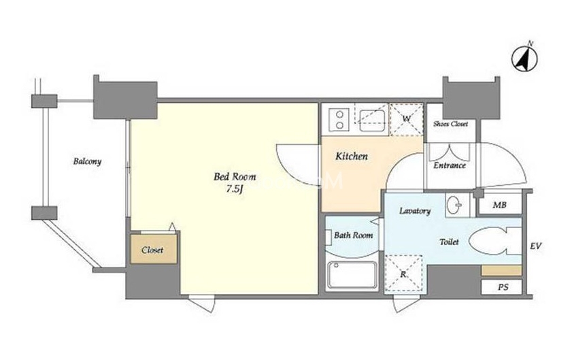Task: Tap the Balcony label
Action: tap(87, 161)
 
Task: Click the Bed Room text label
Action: tap(235, 177)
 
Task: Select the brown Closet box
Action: tap(154, 248)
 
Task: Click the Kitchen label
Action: tap(352, 157)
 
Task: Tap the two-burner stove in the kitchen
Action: tap(340, 120)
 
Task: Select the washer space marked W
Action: tap(406, 120)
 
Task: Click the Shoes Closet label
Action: tap(451, 124)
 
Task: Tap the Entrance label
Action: tap(450, 165)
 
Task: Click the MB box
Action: tap(499, 205)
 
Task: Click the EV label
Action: tap(536, 246)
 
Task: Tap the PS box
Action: tap(501, 287)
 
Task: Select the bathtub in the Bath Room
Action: tap(352, 276)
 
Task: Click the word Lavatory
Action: tap(415, 211)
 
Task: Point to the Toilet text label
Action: tap(449, 242)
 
